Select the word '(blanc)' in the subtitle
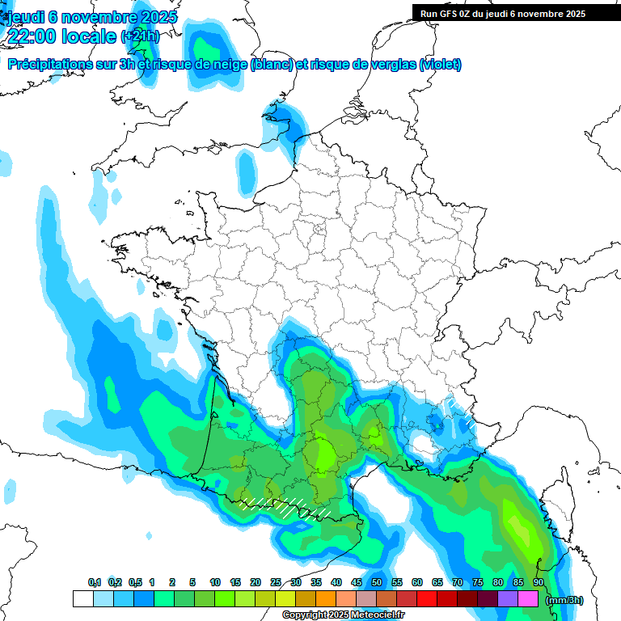click(x=272, y=65)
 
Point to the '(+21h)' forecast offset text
click(x=140, y=36)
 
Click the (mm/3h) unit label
click(x=564, y=600)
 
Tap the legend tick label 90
click(x=538, y=582)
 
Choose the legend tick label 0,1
click(x=94, y=582)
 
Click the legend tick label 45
click(x=357, y=582)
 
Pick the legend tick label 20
click(x=256, y=582)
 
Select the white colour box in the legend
click(x=82, y=599)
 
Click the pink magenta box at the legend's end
click(x=528, y=599)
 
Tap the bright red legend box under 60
click(x=427, y=599)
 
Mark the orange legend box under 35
click(x=326, y=599)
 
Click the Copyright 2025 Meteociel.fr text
click(x=343, y=615)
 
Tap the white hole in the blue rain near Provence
click(x=422, y=443)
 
